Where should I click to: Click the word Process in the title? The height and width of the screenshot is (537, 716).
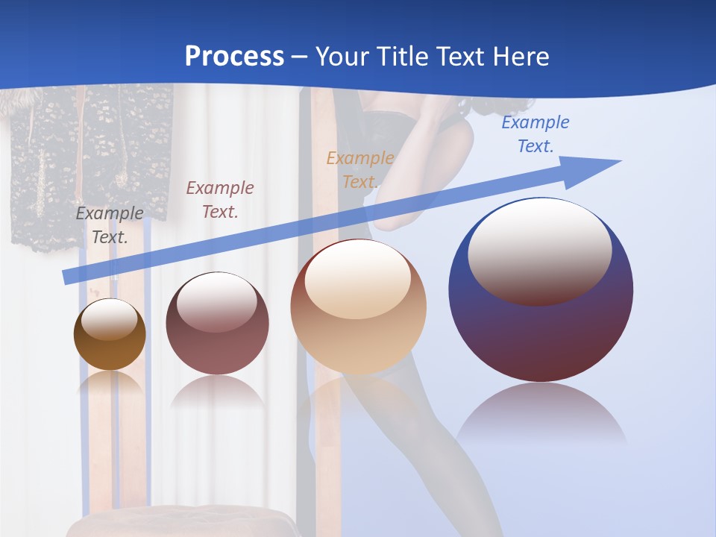point(234,56)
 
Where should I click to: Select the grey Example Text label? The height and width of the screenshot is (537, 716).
point(110,225)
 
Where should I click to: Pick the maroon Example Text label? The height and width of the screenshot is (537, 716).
point(220,200)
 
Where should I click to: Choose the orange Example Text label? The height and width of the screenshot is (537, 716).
point(360,170)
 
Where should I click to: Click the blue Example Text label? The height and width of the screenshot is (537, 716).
point(536,134)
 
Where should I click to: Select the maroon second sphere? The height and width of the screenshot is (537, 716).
point(217,351)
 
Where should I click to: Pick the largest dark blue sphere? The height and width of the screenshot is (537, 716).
point(541,336)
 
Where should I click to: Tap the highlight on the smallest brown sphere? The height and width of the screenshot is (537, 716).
point(109,319)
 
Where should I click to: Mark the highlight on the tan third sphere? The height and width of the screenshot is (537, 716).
point(358,280)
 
